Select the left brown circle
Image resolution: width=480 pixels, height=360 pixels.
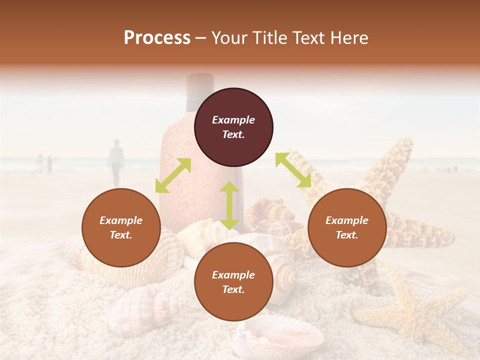click(121, 228)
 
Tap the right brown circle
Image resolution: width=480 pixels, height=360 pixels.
click(347, 228)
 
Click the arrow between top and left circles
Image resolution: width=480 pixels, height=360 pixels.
click(173, 175)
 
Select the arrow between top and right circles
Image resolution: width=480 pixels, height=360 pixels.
click(293, 170)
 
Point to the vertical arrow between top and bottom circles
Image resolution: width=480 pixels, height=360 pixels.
click(229, 205)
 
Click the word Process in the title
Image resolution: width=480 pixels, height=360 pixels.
click(157, 38)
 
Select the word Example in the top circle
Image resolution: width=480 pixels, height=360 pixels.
click(233, 120)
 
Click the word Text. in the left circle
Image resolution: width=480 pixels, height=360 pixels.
click(121, 235)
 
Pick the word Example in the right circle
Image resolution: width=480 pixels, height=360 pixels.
click(347, 220)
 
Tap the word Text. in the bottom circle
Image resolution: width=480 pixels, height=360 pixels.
click(233, 289)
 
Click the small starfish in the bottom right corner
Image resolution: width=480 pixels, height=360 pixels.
click(410, 312)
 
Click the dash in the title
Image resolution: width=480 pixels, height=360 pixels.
click(201, 38)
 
